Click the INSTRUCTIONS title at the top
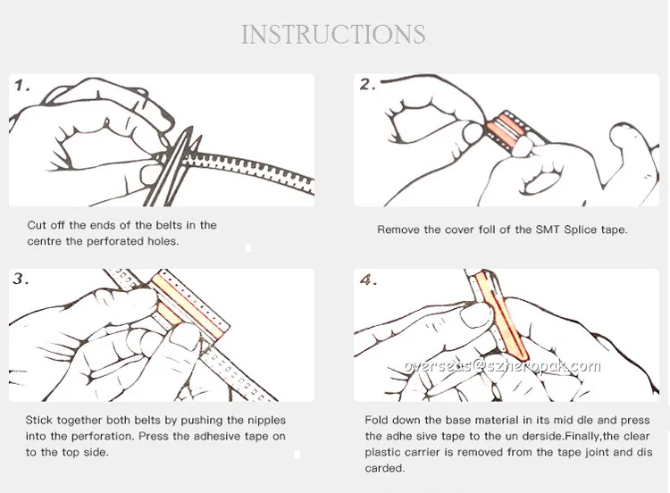click(333, 35)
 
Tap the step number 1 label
click(22, 86)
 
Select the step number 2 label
click(367, 84)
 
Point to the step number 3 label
click(21, 279)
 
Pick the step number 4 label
click(368, 280)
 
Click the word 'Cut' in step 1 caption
click(37, 225)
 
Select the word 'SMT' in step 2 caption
click(548, 230)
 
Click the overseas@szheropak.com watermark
click(502, 366)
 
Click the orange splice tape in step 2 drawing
click(507, 130)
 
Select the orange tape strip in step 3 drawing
click(188, 305)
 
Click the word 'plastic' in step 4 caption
click(382, 453)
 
